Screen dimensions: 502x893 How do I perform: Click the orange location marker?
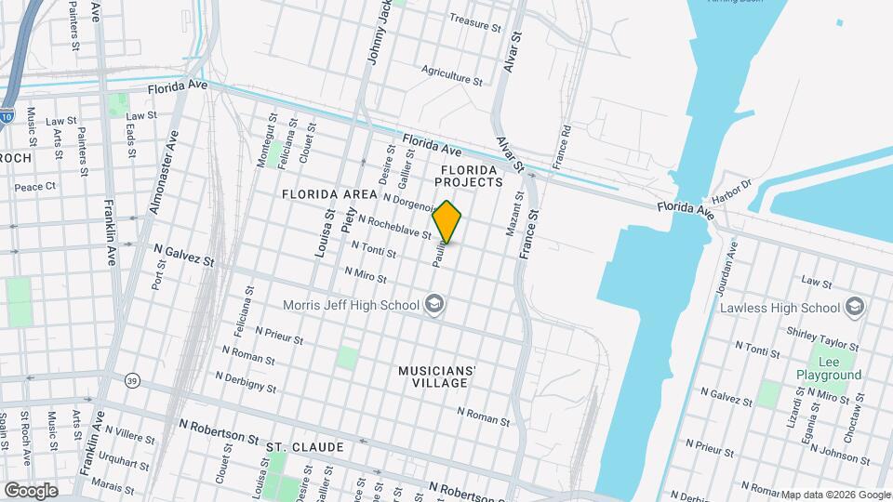447,222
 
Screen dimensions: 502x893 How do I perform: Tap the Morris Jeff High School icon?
433,305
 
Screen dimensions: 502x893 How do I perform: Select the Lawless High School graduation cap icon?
855,308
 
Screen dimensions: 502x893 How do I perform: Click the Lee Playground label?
828,367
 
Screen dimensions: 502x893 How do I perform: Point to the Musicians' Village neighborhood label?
437,376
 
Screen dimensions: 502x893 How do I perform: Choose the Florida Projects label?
472,176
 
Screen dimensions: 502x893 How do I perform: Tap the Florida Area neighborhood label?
329,194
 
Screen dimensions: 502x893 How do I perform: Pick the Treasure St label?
474,19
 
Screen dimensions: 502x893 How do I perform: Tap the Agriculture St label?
451,74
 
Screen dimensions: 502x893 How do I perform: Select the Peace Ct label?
36,186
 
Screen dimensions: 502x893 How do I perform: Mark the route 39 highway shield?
131,380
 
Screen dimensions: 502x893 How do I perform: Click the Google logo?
31,490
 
